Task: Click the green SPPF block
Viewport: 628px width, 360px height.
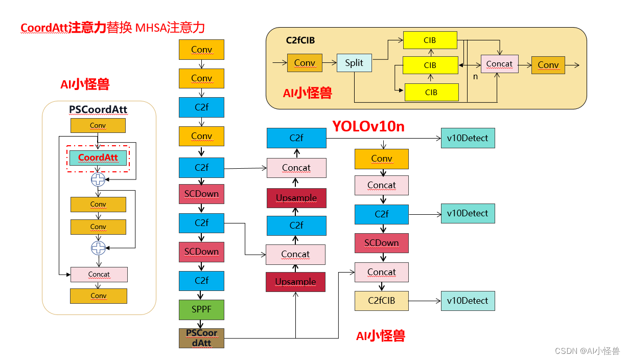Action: (201, 310)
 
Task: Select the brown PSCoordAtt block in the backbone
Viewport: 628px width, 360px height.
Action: (201, 338)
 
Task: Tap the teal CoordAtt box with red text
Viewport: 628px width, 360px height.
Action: (98, 157)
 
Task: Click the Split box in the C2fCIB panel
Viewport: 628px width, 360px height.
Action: (354, 63)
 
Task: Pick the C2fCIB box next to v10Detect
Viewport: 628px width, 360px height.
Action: (381, 301)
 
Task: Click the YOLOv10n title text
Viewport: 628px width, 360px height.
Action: (368, 126)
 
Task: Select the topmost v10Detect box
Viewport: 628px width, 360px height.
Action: (468, 138)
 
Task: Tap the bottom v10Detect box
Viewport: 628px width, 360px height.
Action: (468, 301)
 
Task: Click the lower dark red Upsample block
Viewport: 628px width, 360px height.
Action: (295, 282)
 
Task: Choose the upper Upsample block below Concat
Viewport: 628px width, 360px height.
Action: (296, 198)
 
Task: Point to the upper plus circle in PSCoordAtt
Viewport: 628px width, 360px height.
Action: (98, 179)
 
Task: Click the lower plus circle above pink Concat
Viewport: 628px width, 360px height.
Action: (98, 248)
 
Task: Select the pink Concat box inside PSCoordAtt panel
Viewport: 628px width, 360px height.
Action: (99, 275)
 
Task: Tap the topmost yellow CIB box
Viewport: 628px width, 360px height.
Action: (430, 40)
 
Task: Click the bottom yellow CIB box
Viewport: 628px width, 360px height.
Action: (431, 93)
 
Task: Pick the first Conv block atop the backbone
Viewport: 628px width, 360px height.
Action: (201, 50)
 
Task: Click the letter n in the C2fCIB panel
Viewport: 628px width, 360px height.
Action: (475, 77)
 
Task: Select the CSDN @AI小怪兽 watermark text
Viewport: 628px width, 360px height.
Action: (587, 351)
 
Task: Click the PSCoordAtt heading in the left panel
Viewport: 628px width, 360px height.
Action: (98, 110)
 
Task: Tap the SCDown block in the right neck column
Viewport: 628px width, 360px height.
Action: (381, 243)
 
